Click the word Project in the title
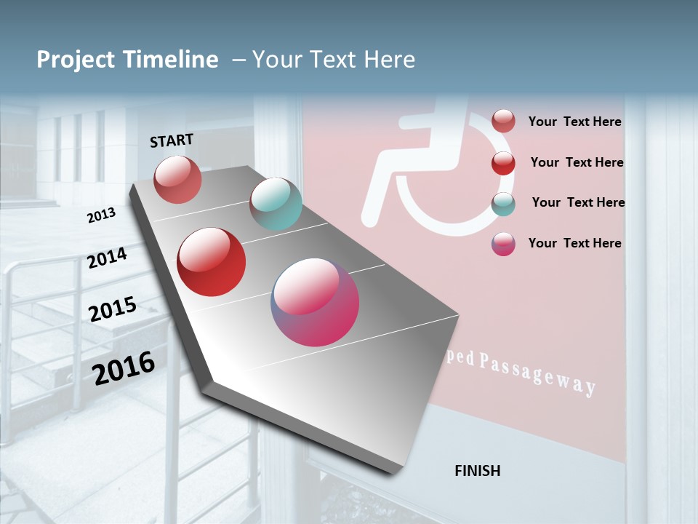(x=76, y=60)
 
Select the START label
(x=172, y=140)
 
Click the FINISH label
(x=478, y=471)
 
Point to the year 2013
(x=101, y=215)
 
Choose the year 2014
(x=108, y=258)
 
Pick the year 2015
(x=113, y=309)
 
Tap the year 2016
(x=124, y=368)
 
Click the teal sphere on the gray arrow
(x=276, y=204)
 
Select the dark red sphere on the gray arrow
(x=212, y=262)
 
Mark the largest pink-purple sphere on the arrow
(x=315, y=302)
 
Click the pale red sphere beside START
(x=178, y=179)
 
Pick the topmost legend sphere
(x=503, y=122)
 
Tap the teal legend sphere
(x=503, y=204)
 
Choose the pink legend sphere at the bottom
(x=503, y=244)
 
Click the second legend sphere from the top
(x=503, y=163)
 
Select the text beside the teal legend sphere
(x=578, y=202)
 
